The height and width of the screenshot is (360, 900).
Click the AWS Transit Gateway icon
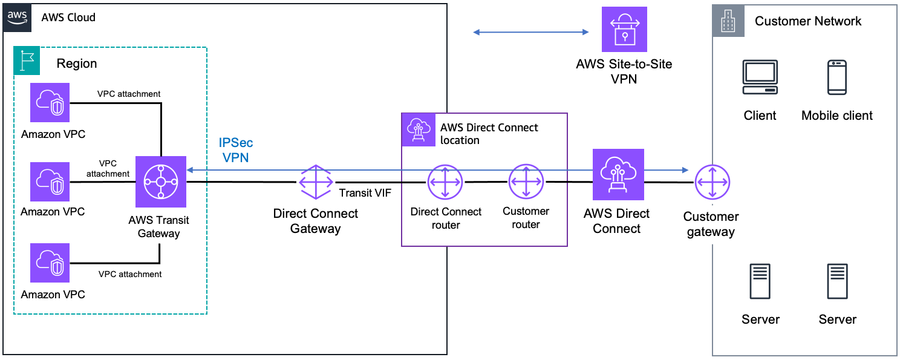click(161, 182)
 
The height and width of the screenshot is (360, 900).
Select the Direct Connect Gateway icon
click(316, 182)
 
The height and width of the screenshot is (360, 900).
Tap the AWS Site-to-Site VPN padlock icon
click(624, 29)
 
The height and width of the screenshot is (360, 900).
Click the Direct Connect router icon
click(445, 182)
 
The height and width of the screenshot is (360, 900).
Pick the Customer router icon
click(526, 182)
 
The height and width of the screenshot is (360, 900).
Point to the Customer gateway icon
click(712, 182)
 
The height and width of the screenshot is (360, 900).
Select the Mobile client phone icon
click(836, 77)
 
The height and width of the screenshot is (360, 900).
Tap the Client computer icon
click(760, 77)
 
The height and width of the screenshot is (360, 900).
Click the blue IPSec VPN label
click(236, 150)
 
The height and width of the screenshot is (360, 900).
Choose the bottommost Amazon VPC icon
click(51, 263)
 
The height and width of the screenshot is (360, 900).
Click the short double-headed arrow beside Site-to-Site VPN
click(530, 32)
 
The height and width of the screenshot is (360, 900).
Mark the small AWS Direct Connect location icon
click(418, 128)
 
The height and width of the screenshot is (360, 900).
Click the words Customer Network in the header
click(807, 21)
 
